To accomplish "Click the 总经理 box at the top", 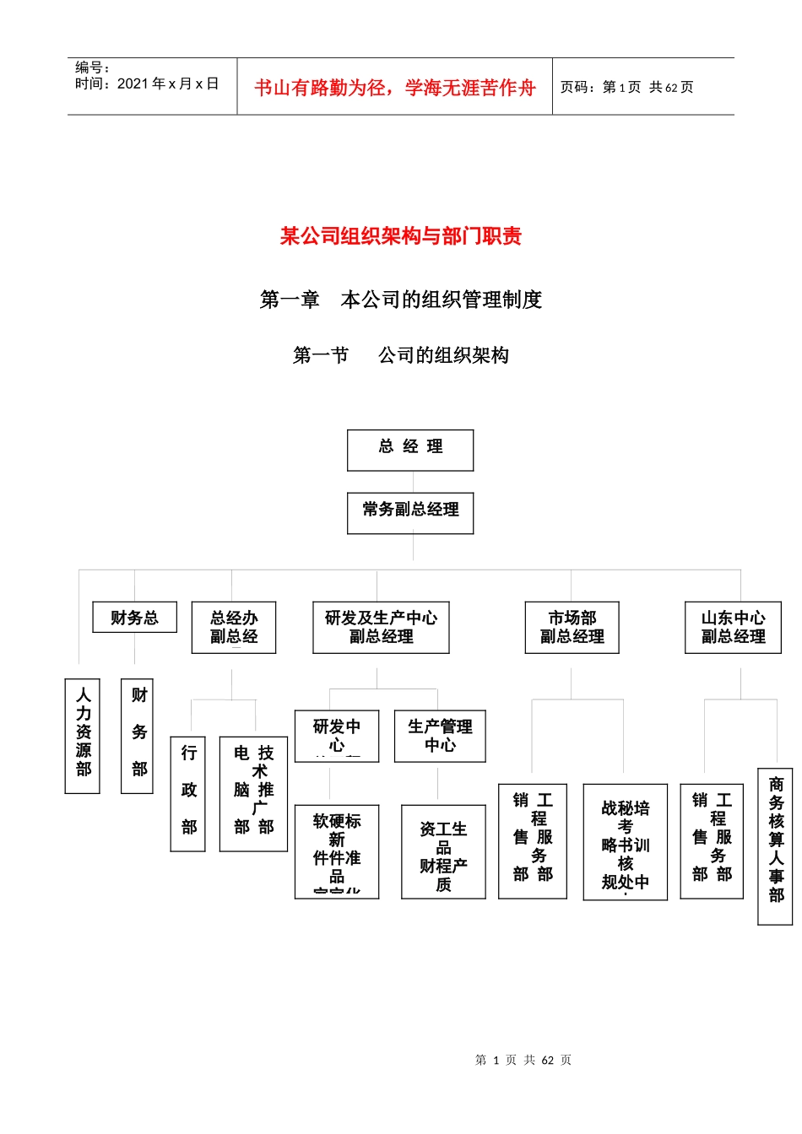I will tap(410, 450).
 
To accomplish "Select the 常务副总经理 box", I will tap(410, 513).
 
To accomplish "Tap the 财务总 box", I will tap(134, 618).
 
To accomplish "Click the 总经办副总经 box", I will tap(234, 627).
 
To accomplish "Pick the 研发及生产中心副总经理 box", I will tap(381, 627).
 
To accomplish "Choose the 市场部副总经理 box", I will tap(572, 627).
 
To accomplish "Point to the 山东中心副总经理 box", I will tap(733, 627).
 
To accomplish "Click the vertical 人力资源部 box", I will tap(83, 736).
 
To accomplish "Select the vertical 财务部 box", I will tap(138, 736).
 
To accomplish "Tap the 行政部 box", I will tap(188, 793).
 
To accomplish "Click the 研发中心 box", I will tap(337, 736).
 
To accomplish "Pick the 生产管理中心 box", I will tap(440, 736).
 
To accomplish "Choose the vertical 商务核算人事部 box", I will tap(775, 845).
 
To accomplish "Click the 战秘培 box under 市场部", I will tap(625, 841).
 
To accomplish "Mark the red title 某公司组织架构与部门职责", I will tap(401, 236).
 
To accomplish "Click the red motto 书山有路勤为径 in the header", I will tap(395, 87).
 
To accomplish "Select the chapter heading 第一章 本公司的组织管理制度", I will tap(401, 300).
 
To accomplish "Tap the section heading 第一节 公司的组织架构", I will tap(401, 355).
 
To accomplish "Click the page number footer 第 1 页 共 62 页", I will tap(523, 1060).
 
